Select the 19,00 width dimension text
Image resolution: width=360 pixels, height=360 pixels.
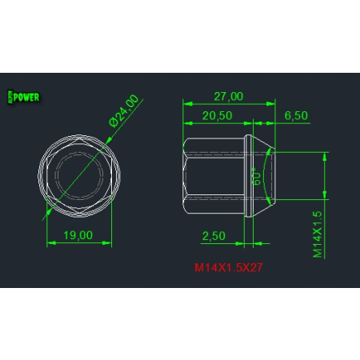(78, 234)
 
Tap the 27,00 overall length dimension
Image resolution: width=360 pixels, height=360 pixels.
(228, 96)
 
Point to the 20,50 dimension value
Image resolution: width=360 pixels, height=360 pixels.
(216, 116)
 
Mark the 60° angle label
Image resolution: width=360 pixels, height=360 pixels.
(257, 177)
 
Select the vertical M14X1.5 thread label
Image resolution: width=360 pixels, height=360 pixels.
(317, 234)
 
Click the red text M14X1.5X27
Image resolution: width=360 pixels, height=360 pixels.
(228, 267)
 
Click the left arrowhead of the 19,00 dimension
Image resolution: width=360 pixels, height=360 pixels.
(50, 243)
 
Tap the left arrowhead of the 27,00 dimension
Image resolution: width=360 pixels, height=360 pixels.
(186, 103)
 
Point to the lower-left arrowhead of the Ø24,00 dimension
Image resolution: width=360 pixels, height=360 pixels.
(48, 212)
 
